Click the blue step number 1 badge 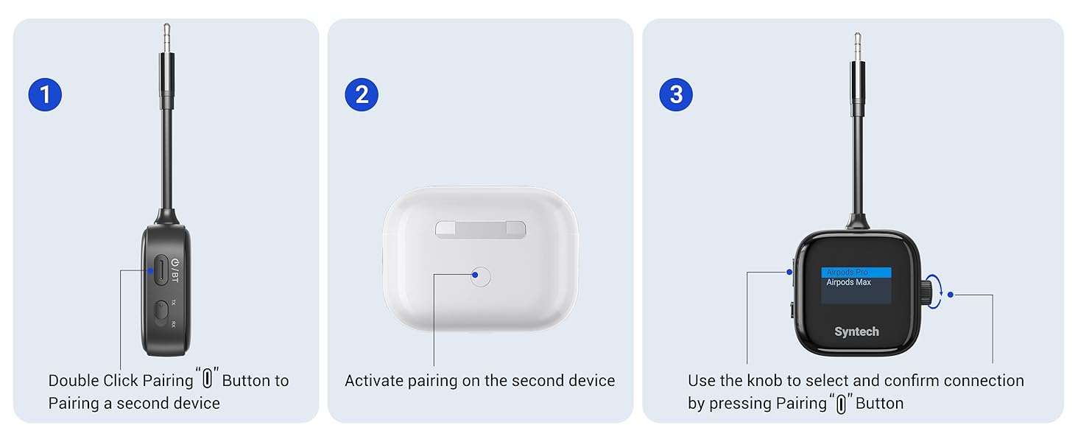point(45,95)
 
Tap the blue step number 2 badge point(362,95)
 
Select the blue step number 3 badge point(676,95)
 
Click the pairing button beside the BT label point(160,270)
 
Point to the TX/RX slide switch point(161,314)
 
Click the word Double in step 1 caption point(72,381)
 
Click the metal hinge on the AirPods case point(480,230)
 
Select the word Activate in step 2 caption point(374,381)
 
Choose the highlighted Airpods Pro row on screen point(856,273)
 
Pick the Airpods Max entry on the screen point(848,283)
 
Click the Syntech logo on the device point(856,332)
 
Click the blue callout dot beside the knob point(951,295)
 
